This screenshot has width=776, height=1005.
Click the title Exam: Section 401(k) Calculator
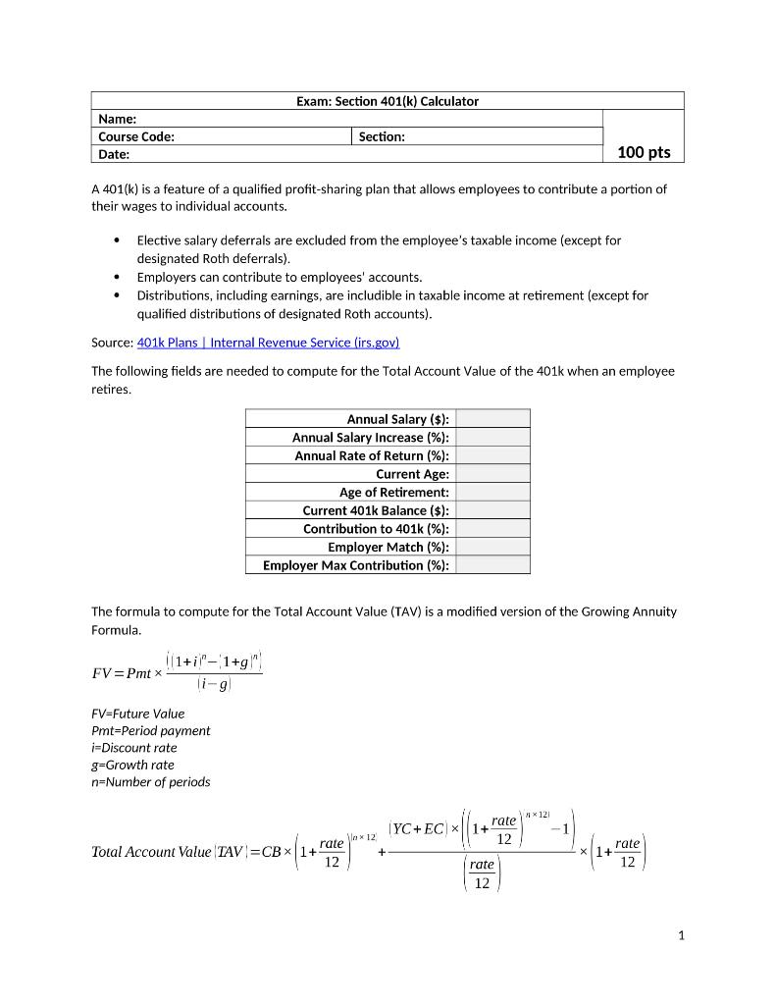(387, 101)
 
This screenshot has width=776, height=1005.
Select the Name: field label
(117, 119)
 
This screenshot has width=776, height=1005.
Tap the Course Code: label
(136, 136)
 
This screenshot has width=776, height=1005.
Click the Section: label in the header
(382, 136)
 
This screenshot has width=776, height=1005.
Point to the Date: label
(114, 154)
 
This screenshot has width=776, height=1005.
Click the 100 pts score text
(644, 152)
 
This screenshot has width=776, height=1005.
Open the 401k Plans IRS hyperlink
(268, 343)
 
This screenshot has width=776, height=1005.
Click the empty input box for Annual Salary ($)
(492, 419)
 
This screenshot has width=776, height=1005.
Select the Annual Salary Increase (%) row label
(370, 438)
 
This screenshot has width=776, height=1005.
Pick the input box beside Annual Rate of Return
(492, 455)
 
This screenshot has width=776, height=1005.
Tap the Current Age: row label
(412, 474)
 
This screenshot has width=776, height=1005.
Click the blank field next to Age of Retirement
(492, 492)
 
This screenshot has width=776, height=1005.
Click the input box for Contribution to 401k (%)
(492, 528)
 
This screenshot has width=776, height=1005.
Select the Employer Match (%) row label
(388, 547)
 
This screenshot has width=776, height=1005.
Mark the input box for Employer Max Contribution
(492, 565)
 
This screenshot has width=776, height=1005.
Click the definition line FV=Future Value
(137, 714)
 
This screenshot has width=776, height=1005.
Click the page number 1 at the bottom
(681, 935)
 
